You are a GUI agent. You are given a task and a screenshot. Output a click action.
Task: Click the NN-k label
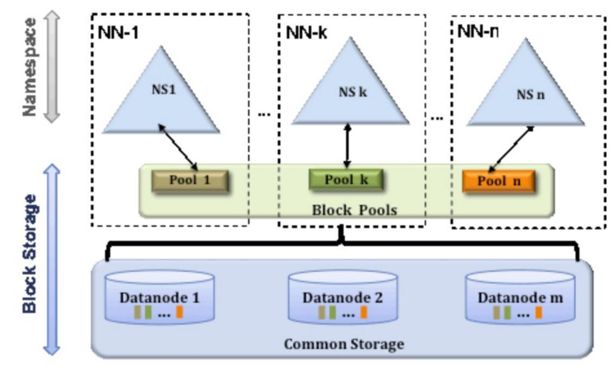pyautogui.click(x=306, y=32)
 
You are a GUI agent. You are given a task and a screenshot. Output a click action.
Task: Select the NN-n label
pyautogui.click(x=477, y=31)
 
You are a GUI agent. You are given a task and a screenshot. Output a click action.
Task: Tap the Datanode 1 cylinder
pyautogui.click(x=159, y=298)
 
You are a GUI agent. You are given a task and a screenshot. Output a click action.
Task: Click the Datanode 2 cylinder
pyautogui.click(x=342, y=298)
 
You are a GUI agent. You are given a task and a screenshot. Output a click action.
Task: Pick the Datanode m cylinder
pyautogui.click(x=520, y=298)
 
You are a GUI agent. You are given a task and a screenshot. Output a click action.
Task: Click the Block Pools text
pyautogui.click(x=354, y=209)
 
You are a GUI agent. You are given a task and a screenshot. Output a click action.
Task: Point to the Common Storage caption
pyautogui.click(x=344, y=344)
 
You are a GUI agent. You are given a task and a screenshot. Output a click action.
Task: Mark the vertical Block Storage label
pyautogui.click(x=30, y=253)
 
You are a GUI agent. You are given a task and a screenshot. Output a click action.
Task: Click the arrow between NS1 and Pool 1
pyautogui.click(x=177, y=145)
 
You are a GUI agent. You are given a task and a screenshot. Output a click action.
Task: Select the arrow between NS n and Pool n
pyautogui.click(x=511, y=148)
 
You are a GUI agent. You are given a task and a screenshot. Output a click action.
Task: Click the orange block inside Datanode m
pyautogui.click(x=538, y=313)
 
